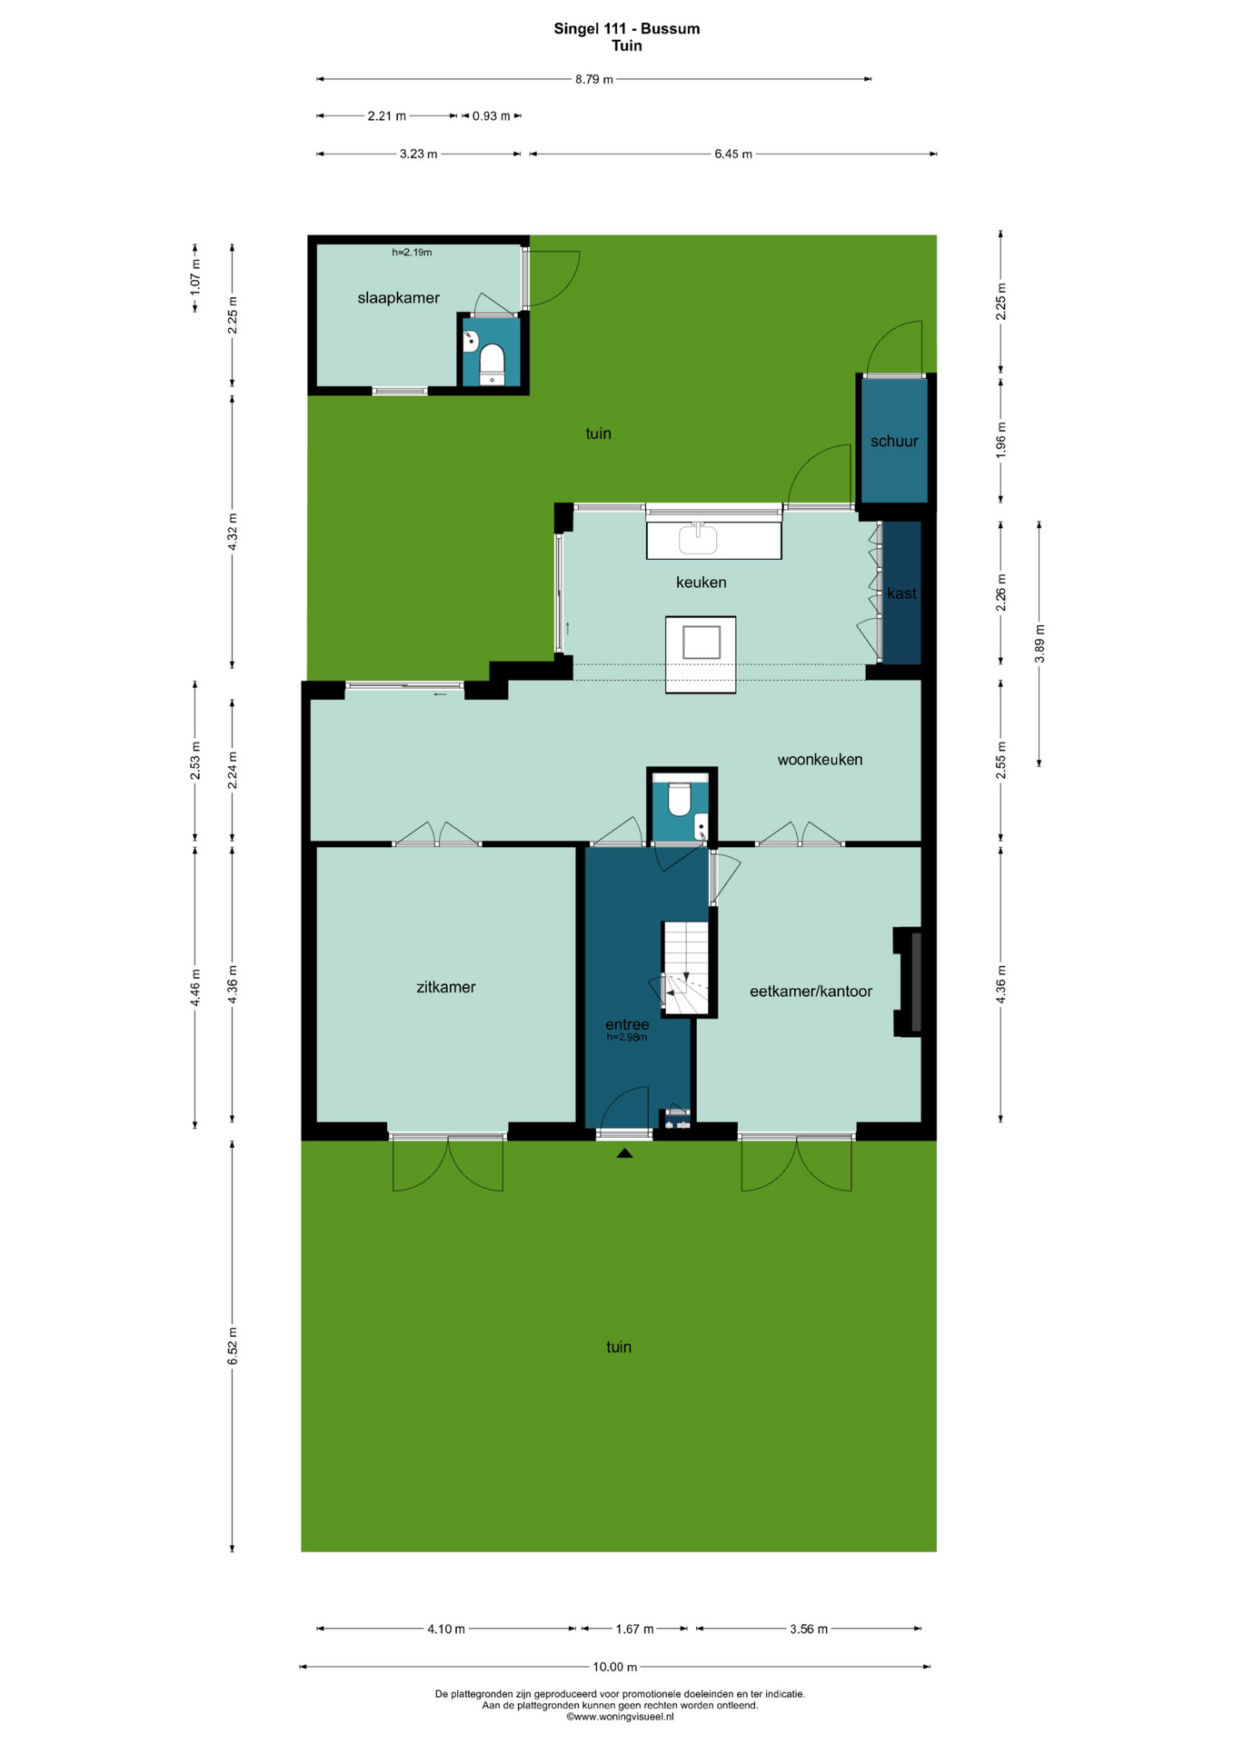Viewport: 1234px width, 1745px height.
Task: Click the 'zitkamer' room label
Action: click(445, 987)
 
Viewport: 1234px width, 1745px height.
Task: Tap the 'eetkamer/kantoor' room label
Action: click(811, 992)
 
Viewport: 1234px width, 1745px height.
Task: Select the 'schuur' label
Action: click(894, 442)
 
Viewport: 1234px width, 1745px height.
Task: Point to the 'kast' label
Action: click(901, 593)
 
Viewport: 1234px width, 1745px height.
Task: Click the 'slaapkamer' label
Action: click(398, 298)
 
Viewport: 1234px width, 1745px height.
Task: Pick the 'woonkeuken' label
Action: click(820, 760)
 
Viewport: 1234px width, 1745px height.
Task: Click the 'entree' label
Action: click(627, 1025)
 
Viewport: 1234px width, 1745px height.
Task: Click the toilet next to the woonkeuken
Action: click(679, 799)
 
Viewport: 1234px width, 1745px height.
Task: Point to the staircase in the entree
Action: click(686, 969)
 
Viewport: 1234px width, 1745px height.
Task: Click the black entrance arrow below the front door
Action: click(624, 1153)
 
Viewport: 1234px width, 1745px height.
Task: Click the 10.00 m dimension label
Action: click(615, 1667)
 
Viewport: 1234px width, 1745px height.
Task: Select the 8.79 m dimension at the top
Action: click(593, 80)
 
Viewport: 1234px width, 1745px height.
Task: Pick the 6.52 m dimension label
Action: click(233, 1346)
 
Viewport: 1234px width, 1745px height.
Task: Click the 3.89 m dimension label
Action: click(1040, 643)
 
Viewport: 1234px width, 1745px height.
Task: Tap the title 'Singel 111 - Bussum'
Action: click(627, 28)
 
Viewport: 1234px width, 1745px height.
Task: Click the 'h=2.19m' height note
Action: click(412, 253)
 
